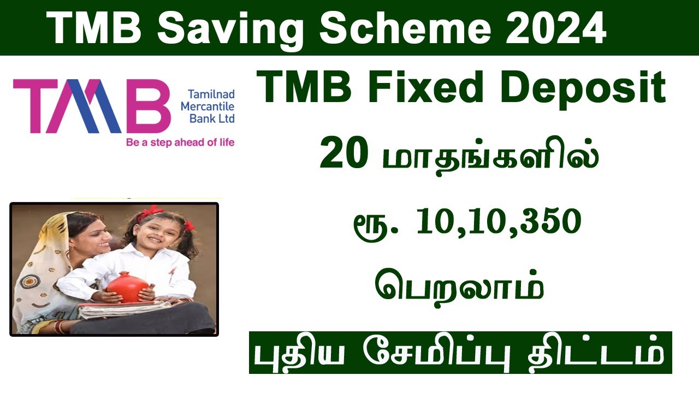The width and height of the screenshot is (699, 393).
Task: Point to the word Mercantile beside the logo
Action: (x=208, y=106)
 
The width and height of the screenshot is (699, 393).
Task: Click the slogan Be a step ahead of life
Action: (x=180, y=142)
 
